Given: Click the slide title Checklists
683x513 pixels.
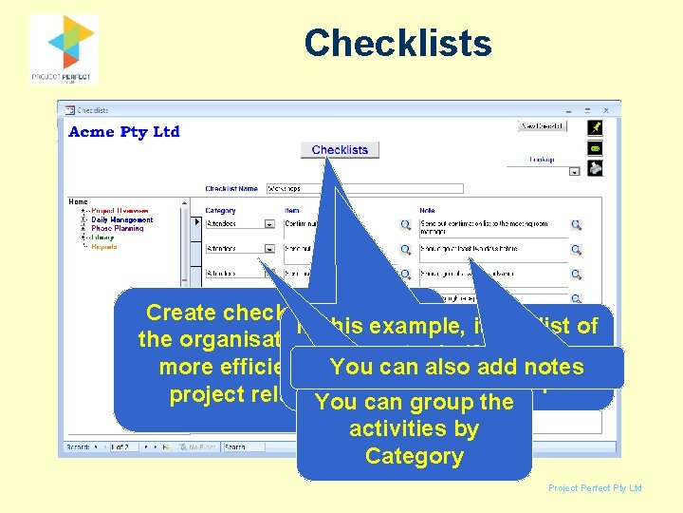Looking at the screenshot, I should (397, 44).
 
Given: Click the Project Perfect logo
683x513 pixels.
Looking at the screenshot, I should (64, 47).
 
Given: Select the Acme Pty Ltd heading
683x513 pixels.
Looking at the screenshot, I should (124, 132).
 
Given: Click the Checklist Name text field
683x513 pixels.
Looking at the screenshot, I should (364, 188).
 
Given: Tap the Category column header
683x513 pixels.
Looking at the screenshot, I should (220, 211).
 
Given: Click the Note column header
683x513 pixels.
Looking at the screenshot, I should (428, 211).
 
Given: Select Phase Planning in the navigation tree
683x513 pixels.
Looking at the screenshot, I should (118, 229).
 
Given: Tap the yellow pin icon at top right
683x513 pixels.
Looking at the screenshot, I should (595, 126).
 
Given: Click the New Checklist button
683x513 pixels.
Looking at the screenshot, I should (544, 125).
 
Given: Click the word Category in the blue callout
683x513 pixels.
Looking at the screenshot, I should (414, 456).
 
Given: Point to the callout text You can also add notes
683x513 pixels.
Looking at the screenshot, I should (456, 368).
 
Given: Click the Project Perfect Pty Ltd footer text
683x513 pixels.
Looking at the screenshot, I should (595, 488).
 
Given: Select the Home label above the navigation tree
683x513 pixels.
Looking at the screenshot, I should (78, 201).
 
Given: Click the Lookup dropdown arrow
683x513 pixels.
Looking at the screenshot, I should (574, 172).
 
